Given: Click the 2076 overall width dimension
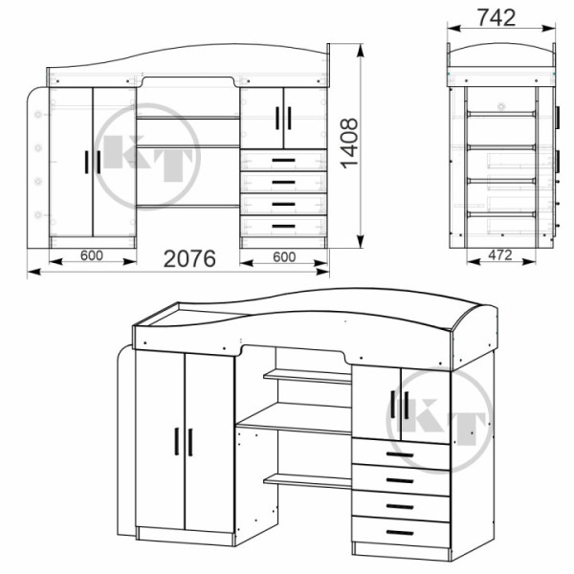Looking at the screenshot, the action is (189, 259).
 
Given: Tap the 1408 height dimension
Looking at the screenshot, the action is (349, 143).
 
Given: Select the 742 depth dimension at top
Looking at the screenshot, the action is (497, 17).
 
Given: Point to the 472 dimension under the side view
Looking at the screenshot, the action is (500, 254).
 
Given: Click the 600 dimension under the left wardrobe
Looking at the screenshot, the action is (92, 255).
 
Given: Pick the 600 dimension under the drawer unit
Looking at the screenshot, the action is (284, 257).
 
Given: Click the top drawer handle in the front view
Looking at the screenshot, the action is (284, 161).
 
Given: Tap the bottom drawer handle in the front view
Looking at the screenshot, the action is (284, 226).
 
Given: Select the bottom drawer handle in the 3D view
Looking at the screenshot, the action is (400, 533).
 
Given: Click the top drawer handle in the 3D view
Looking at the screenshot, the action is (400, 454).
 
